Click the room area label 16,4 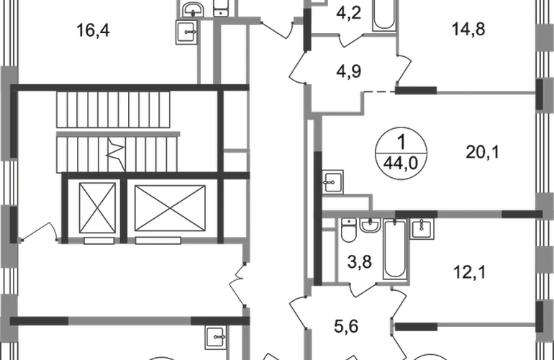tap(93, 30)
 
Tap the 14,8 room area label tap(468, 29)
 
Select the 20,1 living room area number tap(482, 152)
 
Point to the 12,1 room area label tap(470, 272)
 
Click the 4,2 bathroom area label tap(349, 13)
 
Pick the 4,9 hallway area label tap(349, 71)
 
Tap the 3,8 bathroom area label tap(359, 262)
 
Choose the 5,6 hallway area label tap(346, 326)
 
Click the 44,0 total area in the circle tap(401, 163)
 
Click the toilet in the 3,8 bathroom tap(349, 230)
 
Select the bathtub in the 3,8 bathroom tap(395, 249)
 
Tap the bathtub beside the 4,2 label tap(384, 15)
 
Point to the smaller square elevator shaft tap(98, 208)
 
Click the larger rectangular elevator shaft tap(170, 208)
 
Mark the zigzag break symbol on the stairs tap(117, 154)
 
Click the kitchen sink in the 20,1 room tap(332, 181)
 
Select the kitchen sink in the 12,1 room tap(422, 228)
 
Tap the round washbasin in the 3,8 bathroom tap(370, 225)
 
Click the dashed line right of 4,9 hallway tap(379, 92)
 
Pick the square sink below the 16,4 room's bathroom tap(186, 32)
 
